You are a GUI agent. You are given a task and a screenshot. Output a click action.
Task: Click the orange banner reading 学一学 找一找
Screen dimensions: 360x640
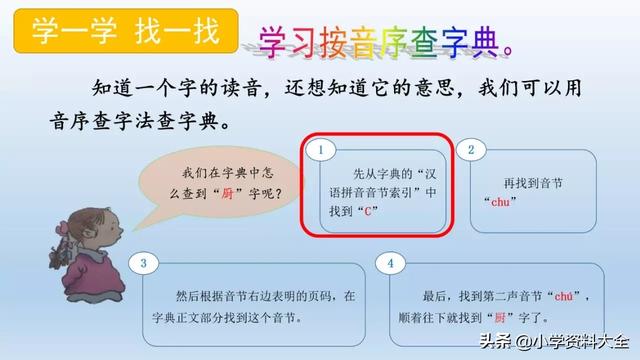point(126,32)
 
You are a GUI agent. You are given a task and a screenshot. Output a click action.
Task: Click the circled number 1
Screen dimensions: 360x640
point(322,150)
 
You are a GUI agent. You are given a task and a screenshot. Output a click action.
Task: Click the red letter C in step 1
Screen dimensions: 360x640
point(369,212)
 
